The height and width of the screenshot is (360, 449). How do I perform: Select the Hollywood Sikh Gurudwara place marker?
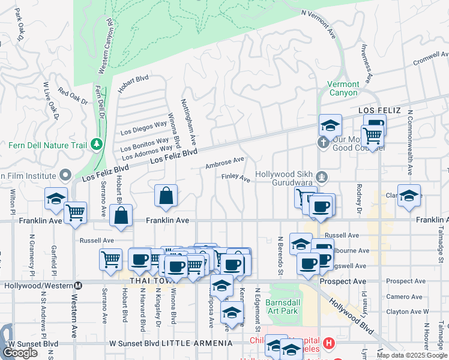[x=322, y=176]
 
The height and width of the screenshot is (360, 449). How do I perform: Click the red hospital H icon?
[x=328, y=344]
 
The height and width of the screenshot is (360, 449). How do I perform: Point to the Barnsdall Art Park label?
[x=283, y=307]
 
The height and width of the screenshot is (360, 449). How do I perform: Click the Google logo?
[x=20, y=353]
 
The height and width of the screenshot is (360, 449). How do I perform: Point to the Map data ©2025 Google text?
[x=412, y=355]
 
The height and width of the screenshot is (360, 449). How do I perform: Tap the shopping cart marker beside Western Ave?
[x=75, y=212]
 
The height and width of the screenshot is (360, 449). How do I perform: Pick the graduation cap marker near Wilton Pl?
[x=55, y=198]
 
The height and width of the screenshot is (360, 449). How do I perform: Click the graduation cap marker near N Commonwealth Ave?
[x=409, y=195]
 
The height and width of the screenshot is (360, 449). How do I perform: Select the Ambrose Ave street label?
[x=224, y=162]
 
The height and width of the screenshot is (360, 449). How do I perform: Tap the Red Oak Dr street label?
[x=73, y=96]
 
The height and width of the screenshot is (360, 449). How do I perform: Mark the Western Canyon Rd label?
[x=104, y=46]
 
